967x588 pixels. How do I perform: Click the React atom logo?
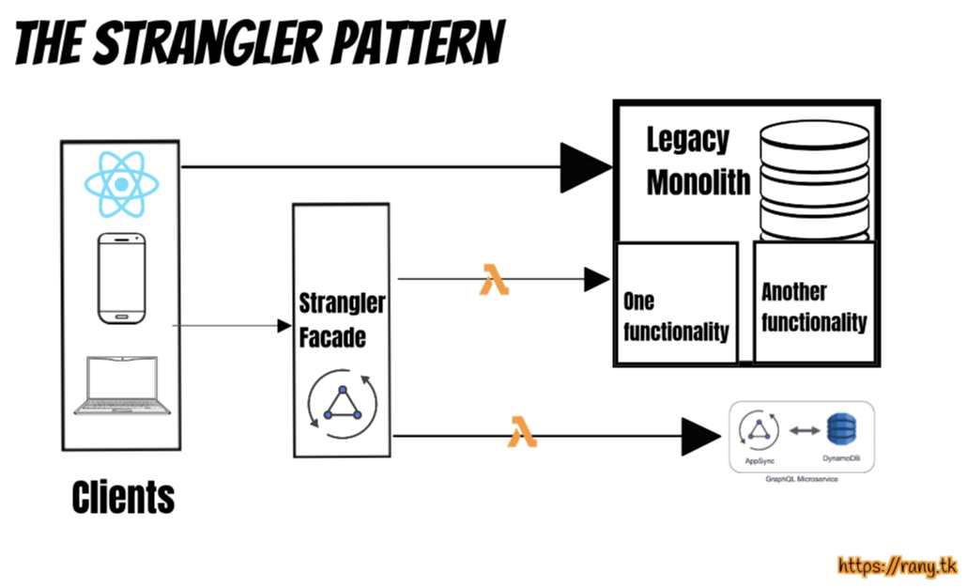[x=121, y=183]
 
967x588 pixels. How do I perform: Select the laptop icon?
[x=123, y=385]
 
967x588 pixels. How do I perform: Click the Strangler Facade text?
[x=341, y=320]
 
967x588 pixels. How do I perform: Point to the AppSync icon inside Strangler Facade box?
[x=342, y=402]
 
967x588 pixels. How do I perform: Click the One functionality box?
[x=676, y=304]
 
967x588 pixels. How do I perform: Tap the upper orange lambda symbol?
[x=494, y=279]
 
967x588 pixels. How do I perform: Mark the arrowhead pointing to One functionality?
[x=597, y=279]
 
